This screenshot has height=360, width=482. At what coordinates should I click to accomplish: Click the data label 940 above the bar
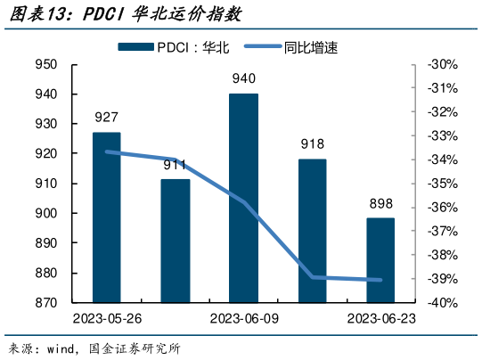click(244, 78)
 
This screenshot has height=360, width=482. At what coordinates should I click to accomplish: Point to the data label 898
click(380, 203)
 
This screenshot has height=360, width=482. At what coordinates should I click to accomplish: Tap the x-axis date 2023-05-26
click(107, 319)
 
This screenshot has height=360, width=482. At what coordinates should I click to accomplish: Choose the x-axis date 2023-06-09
click(243, 319)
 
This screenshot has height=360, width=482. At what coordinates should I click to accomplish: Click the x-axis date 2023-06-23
click(380, 319)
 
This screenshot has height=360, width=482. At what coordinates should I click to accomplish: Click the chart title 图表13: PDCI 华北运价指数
click(124, 15)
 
